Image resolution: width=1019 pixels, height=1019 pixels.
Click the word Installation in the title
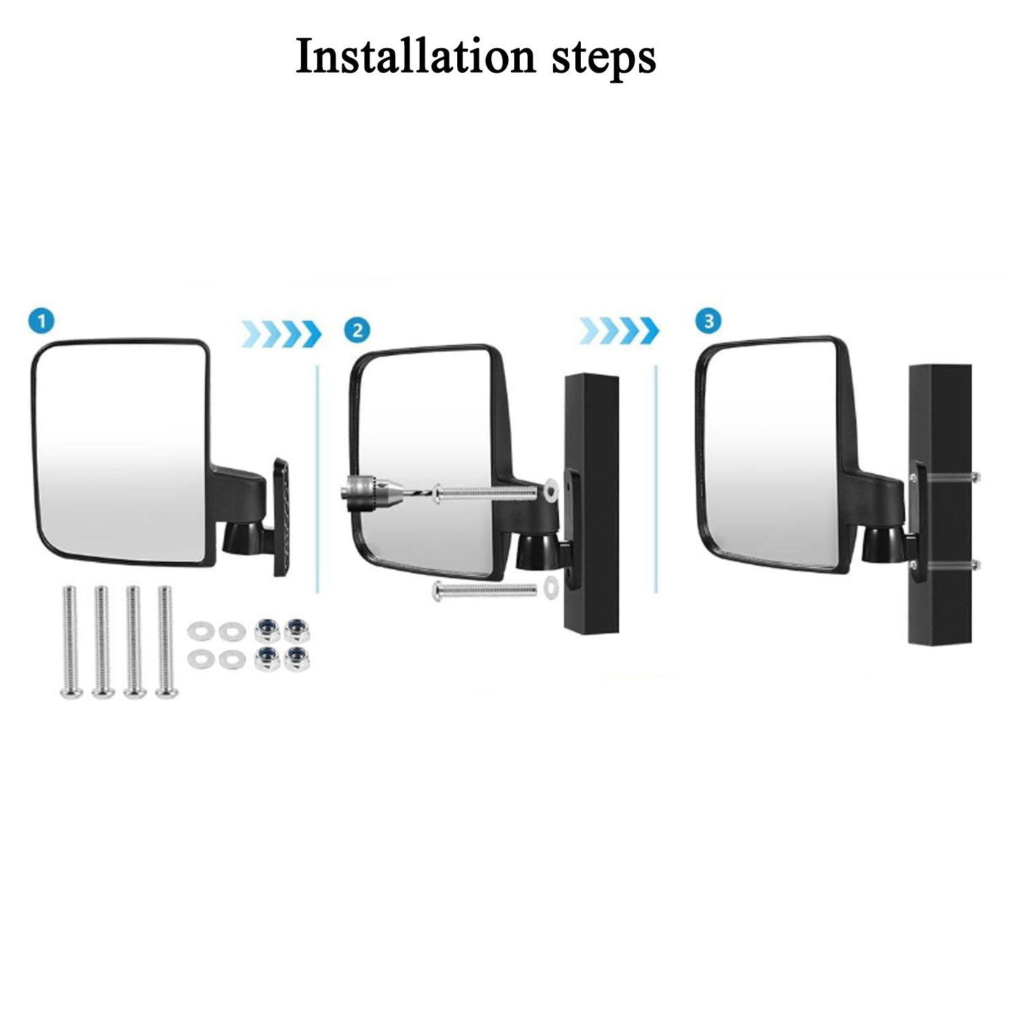pyautogui.click(x=416, y=56)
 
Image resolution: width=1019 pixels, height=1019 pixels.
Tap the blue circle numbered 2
pyautogui.click(x=357, y=331)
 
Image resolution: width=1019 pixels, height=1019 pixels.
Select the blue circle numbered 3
pyautogui.click(x=709, y=320)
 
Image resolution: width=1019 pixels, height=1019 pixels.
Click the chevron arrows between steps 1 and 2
pyautogui.click(x=281, y=333)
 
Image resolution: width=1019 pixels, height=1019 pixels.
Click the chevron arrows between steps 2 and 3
pyautogui.click(x=619, y=331)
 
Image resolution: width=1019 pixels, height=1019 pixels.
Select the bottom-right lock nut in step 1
pyautogui.click(x=296, y=660)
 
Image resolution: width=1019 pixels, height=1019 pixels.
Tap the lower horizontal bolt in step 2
pyautogui.click(x=484, y=590)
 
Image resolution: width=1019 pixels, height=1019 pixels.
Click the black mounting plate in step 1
pyautogui.click(x=281, y=518)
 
